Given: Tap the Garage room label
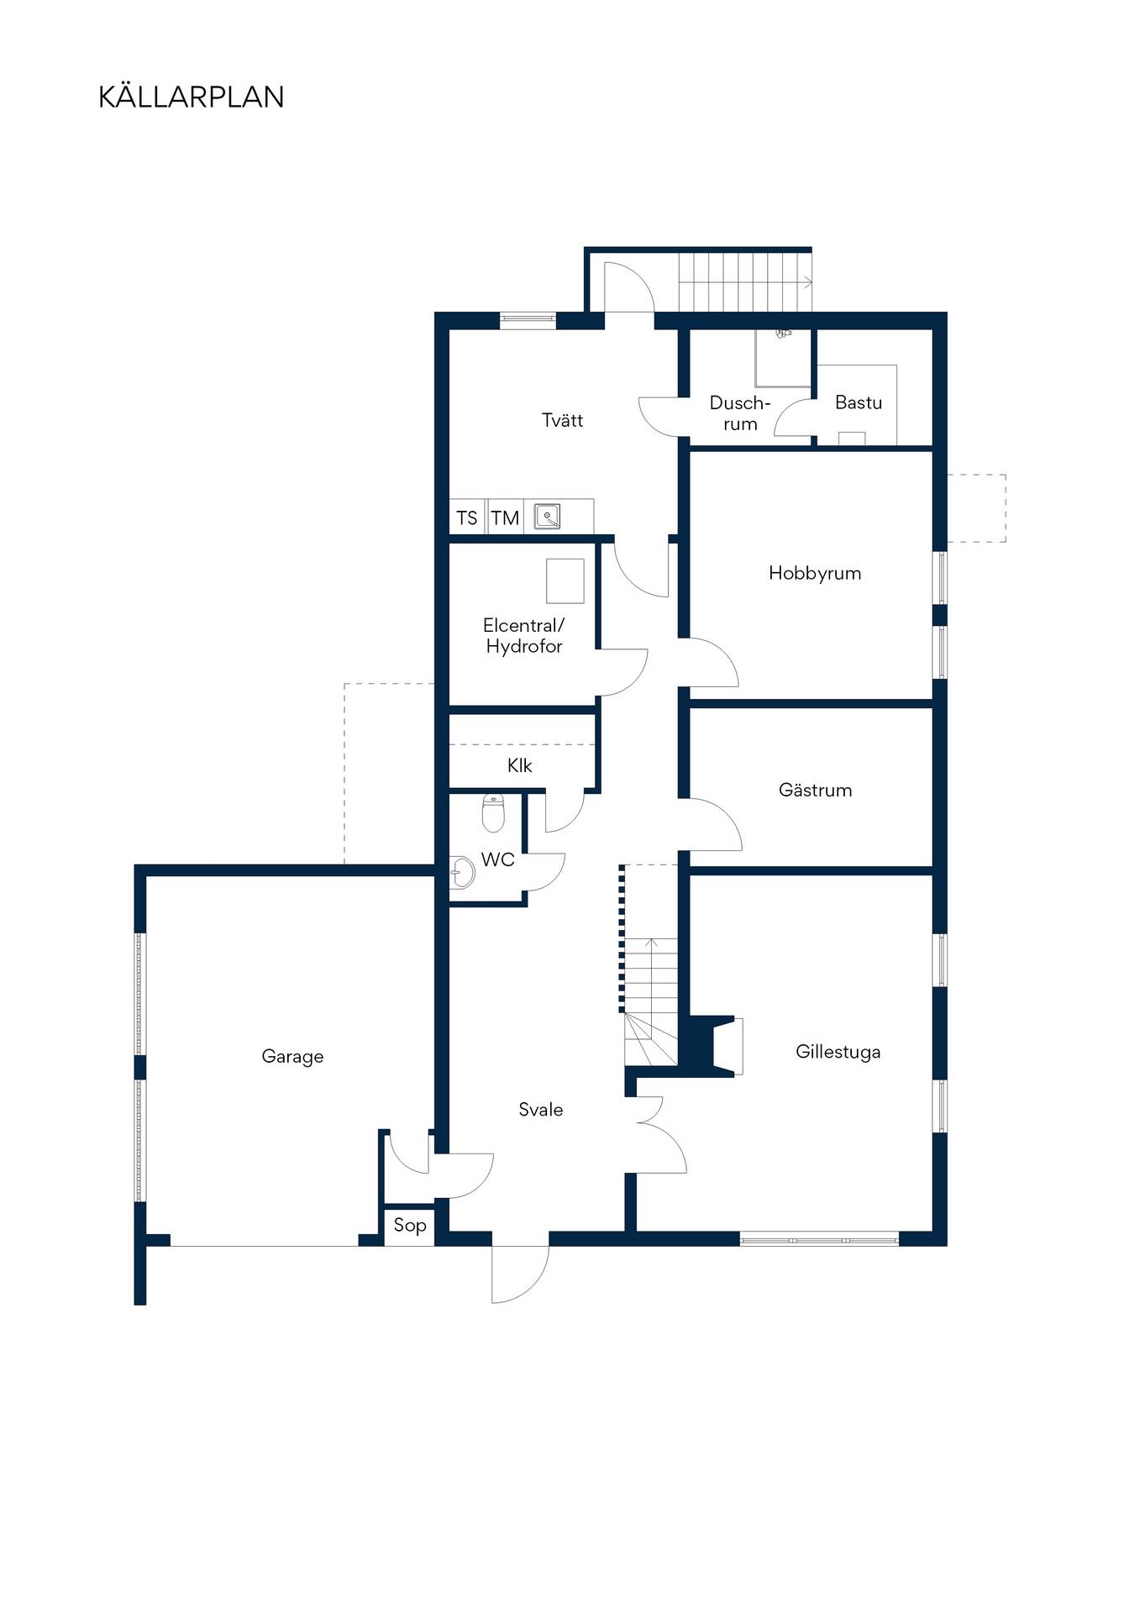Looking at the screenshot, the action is [292, 1057].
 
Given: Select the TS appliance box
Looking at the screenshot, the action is [467, 518].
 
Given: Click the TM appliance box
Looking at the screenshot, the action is [505, 518].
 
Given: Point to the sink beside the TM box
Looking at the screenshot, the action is [548, 516].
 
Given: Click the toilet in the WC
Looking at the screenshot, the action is [493, 812].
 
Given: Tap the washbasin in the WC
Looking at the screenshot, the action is [461, 872].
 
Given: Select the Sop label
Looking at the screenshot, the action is [410, 1226].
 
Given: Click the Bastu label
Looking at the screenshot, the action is [859, 402].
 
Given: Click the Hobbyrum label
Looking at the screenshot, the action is [815, 573].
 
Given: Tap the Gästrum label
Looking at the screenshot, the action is [815, 790].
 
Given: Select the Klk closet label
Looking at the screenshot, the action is [520, 765].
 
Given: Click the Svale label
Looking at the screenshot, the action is [541, 1110].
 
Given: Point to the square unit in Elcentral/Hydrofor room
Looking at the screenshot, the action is [565, 581].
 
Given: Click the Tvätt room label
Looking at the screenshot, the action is [562, 420].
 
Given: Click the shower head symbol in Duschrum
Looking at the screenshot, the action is [783, 333].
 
